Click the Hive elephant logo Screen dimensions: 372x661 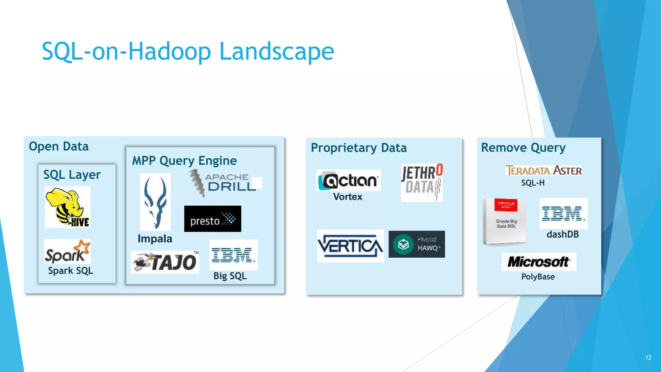68,207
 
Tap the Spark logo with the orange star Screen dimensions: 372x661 67,252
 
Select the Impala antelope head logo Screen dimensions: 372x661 155,202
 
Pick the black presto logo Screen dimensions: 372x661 213,219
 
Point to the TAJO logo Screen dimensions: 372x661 165,262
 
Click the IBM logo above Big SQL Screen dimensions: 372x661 233,255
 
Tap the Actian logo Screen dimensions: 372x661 348,180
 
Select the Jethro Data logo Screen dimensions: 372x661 422,182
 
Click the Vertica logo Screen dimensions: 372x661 350,246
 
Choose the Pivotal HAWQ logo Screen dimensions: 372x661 417,244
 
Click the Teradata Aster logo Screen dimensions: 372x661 544,170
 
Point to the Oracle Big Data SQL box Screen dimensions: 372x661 504,221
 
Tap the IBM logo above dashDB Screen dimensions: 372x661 564,213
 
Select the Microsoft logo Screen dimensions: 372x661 539,262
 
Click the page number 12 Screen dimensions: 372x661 648,357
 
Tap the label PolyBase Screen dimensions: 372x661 538,277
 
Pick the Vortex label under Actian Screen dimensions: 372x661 348,197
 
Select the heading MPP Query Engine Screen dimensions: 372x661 184,160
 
